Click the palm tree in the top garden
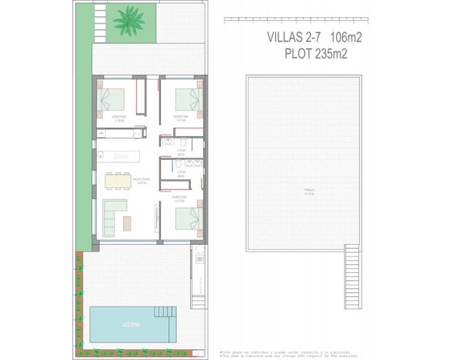(129, 20)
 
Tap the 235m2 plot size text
(331, 55)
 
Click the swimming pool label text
(131, 325)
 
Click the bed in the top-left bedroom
(112, 99)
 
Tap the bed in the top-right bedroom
(187, 99)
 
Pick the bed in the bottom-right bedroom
(187, 218)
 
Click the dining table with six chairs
(118, 181)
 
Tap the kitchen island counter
(120, 156)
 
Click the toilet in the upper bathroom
(183, 141)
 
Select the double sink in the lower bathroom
(193, 162)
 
